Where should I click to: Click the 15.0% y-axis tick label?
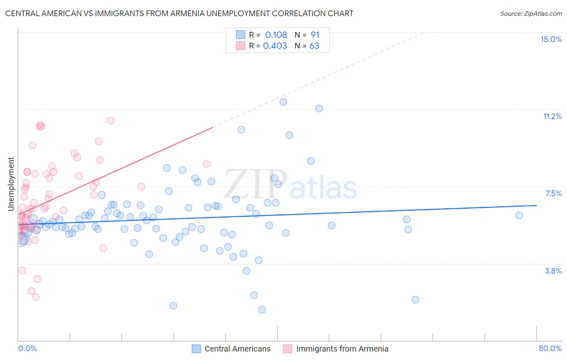point(551,39)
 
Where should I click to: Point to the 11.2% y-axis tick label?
point(552,116)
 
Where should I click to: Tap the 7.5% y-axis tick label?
point(553,193)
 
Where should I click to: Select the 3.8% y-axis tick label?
point(553,271)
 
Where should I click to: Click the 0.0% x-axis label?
point(27,348)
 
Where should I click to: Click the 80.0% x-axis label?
point(550,348)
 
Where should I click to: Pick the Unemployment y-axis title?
point(11,184)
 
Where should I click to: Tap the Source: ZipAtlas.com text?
point(531,13)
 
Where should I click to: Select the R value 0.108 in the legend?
point(276,35)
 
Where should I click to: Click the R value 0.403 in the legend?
point(275,46)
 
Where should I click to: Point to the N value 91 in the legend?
point(315,35)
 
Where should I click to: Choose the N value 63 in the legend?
point(314,46)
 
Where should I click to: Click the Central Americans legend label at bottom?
point(238,349)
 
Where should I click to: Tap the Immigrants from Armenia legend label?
point(342,349)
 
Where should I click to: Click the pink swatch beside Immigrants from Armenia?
point(288,349)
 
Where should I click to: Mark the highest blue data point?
point(283,102)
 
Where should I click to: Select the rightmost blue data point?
point(519,216)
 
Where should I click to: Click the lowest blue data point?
point(262,310)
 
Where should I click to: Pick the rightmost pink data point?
point(206,164)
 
